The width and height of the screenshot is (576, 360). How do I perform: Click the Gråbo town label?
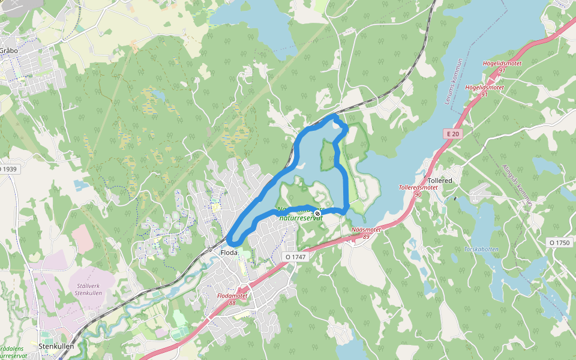coord(8,50)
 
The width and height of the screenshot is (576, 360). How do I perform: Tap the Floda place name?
coord(229,253)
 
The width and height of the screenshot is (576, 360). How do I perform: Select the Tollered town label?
coord(440,180)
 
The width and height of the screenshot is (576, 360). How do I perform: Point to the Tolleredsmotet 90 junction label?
coord(418,191)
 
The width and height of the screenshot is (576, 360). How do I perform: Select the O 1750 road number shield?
coord(559,242)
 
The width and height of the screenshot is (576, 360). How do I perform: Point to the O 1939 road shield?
coord(8,169)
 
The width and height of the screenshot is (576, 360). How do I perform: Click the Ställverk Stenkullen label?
coord(85,289)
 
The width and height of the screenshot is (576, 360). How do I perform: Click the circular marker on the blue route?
coord(317,214)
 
